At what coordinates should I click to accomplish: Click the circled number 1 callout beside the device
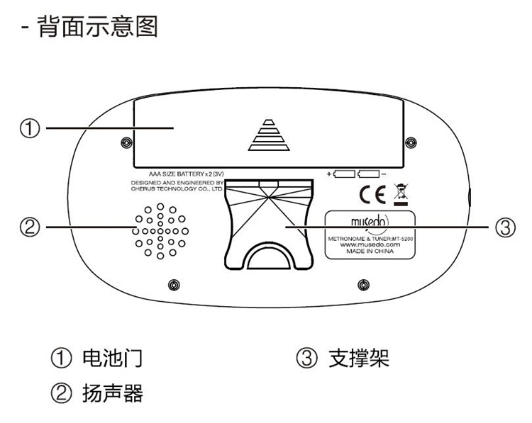coord(29,128)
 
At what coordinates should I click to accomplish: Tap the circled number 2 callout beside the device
coord(29,228)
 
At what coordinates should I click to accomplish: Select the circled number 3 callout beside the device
coord(503,228)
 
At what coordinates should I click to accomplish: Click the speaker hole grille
coord(160,231)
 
